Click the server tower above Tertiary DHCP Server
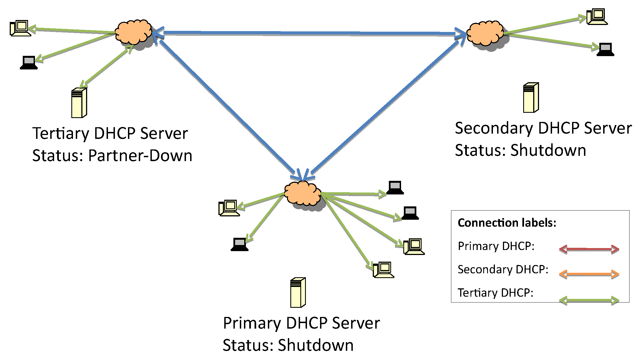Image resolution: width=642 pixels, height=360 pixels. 79,103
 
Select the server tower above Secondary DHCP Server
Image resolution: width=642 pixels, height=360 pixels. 531,97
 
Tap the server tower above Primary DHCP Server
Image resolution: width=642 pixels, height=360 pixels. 298,292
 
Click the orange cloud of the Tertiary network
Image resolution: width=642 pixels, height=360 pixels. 133,32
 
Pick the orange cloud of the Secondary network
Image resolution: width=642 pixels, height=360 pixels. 485,33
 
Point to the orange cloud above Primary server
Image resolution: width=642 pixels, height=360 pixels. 303,193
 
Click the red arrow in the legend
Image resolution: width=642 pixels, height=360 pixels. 589,249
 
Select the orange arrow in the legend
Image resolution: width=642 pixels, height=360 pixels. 589,274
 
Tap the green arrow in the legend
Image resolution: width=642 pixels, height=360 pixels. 589,300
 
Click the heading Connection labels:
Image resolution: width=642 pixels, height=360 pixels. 507,223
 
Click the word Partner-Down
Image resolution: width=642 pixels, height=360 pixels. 140,156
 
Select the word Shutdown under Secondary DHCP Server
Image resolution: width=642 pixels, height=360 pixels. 548,151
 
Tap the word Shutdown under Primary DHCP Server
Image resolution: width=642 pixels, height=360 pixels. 316,345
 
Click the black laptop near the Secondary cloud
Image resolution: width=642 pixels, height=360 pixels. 605,50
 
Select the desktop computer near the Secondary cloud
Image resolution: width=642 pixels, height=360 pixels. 597,17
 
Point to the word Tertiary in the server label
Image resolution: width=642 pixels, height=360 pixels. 61,134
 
